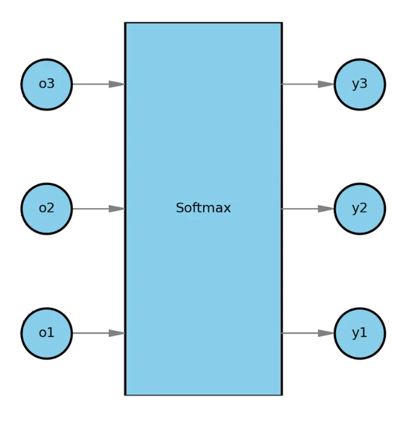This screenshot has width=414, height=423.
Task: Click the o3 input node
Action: click(x=47, y=84)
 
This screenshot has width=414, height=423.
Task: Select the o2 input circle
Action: click(x=47, y=209)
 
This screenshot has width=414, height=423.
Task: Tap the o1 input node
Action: click(x=47, y=333)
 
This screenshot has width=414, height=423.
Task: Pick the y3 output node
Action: click(x=359, y=84)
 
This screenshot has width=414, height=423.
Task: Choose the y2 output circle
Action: click(x=359, y=209)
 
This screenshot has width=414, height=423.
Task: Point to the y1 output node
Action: click(x=359, y=333)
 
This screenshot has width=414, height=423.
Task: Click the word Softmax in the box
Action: click(x=203, y=209)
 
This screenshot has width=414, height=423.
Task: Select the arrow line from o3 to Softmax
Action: click(x=91, y=84)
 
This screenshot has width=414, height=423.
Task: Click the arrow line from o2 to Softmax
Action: click(x=91, y=209)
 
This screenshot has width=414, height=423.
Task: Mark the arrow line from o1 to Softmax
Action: click(x=91, y=333)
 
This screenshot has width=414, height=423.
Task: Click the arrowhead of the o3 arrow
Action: click(x=117, y=84)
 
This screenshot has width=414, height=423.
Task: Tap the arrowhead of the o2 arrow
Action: click(x=117, y=209)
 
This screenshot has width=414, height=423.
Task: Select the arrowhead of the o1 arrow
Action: click(x=117, y=333)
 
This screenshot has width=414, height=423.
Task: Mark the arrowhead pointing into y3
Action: click(x=326, y=84)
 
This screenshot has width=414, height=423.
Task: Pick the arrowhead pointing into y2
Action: click(x=326, y=209)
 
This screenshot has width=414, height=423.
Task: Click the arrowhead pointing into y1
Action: click(x=326, y=333)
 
